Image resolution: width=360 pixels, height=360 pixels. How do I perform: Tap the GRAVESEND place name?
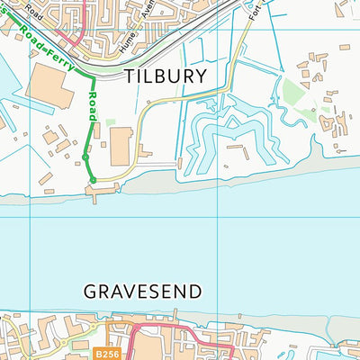[x=142, y=292]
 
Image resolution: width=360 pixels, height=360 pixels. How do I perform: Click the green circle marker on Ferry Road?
[x=84, y=157]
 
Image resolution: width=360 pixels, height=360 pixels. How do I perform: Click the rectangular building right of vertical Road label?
[x=121, y=145]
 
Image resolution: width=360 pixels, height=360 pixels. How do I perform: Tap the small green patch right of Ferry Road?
[x=110, y=121]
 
